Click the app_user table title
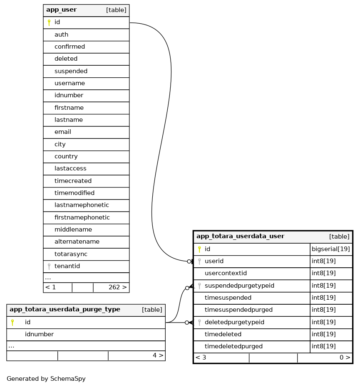(x=62, y=10)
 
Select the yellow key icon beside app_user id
(x=49, y=22)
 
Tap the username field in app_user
(x=70, y=83)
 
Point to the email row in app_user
(x=63, y=132)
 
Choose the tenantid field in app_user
(x=67, y=266)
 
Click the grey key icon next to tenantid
(x=49, y=266)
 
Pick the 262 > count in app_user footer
(x=117, y=287)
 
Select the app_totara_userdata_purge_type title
(x=65, y=310)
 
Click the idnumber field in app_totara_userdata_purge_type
(x=39, y=334)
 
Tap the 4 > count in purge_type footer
(x=158, y=355)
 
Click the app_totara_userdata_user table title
(x=240, y=237)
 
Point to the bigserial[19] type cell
(x=330, y=249)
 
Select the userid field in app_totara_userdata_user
(x=214, y=261)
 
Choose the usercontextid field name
(x=226, y=273)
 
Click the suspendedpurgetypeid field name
(x=239, y=286)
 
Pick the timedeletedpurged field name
(x=233, y=346)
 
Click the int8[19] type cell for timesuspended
(x=323, y=298)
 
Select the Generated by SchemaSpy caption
(x=46, y=379)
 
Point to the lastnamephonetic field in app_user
(x=82, y=205)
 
